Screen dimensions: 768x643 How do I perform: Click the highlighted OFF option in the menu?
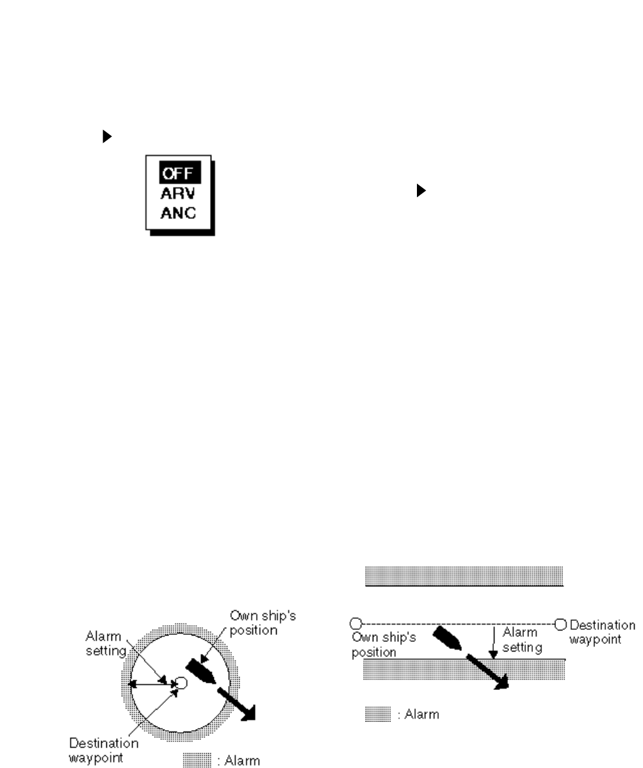179,173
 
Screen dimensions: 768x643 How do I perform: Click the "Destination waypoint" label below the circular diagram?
104,749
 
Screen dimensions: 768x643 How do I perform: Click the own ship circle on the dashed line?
357,623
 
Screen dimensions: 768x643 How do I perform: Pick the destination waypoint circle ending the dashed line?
561,623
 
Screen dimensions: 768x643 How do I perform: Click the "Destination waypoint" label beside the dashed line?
602,631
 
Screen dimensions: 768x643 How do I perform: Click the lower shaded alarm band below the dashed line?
464,669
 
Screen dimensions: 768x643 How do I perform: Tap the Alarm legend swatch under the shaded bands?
377,714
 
